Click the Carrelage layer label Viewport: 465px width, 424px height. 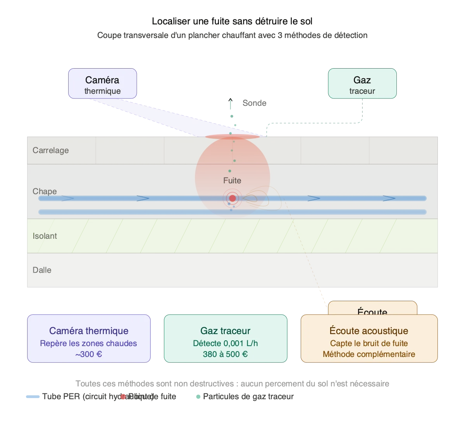pos(50,150)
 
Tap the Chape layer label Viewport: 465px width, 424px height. pos(45,191)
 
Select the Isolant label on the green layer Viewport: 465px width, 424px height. pos(45,236)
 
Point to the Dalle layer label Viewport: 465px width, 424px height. pos(42,270)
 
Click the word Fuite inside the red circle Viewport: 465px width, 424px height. pos(232,181)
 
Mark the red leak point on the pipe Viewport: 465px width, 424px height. pos(232,198)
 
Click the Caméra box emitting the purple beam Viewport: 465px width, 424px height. pos(102,84)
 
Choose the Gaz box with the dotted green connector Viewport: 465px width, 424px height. pos(362,84)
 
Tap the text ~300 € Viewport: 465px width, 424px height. pos(89,354)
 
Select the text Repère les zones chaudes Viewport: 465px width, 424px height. pos(89,343)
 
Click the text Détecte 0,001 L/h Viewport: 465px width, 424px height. pos(225,343)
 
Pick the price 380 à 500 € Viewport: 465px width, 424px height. pos(225,354)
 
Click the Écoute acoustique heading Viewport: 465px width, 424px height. pos(369,331)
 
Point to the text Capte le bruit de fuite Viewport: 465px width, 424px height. pos(369,343)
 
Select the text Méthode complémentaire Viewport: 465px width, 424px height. pos(369,354)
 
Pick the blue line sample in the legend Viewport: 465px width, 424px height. pos(33,397)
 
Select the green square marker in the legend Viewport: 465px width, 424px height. pos(198,397)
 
